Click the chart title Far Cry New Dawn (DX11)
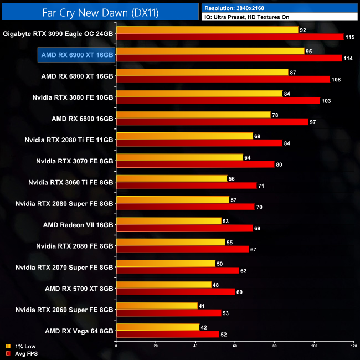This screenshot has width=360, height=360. (x=100, y=12)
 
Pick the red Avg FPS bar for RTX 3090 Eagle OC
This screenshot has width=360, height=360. (x=230, y=37)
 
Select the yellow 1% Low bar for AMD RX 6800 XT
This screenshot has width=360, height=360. (x=202, y=72)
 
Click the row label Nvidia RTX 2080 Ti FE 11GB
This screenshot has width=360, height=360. (x=69, y=140)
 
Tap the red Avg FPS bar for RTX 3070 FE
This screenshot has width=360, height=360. (x=195, y=164)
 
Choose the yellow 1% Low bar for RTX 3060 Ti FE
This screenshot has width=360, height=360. (x=171, y=178)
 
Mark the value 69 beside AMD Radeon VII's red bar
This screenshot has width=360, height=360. (x=259, y=228)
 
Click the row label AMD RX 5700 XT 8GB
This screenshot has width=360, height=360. (x=79, y=288)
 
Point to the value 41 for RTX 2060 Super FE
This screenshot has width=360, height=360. (x=202, y=306)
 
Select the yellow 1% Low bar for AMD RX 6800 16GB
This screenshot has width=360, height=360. (x=193, y=115)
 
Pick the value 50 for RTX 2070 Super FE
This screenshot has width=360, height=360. (x=220, y=263)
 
